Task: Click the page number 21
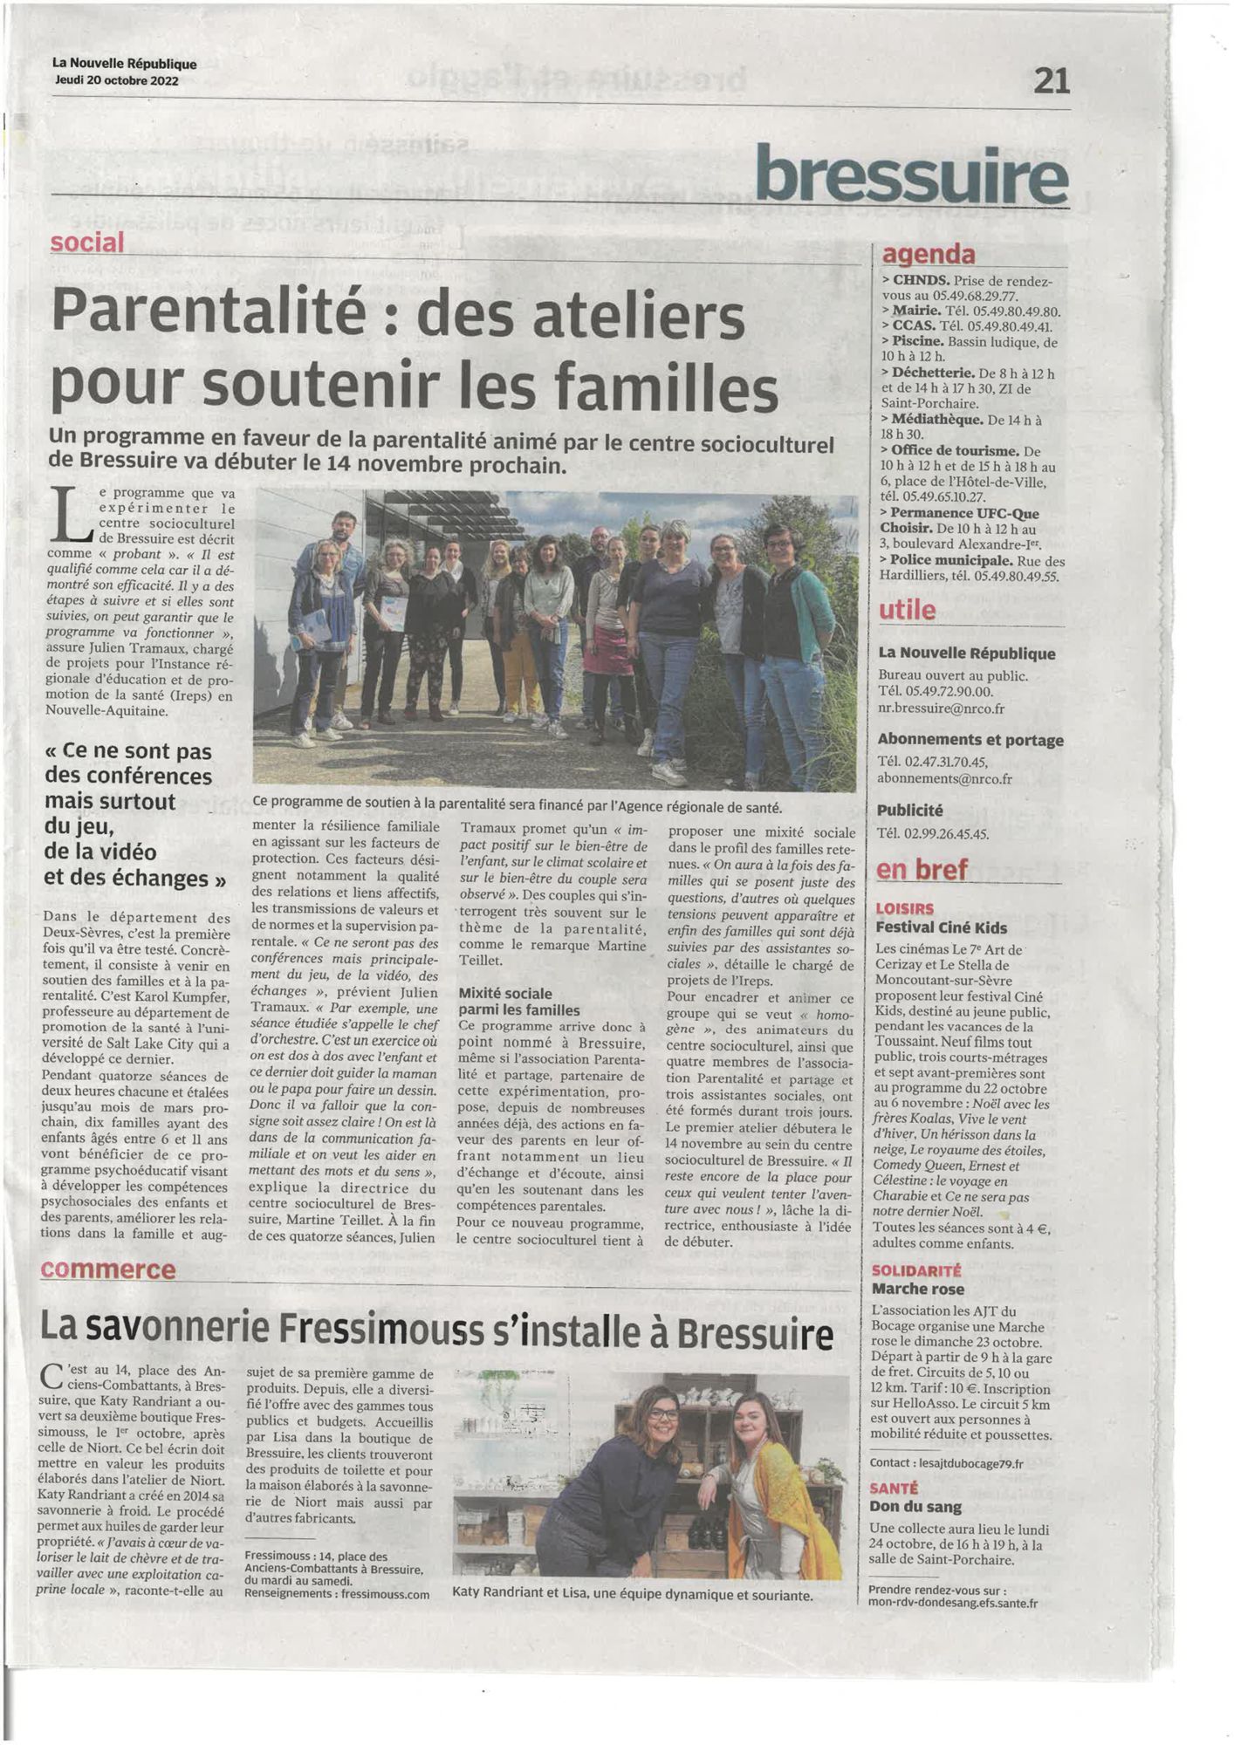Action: click(x=1051, y=81)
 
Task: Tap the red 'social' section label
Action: click(x=87, y=243)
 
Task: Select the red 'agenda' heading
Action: click(x=929, y=254)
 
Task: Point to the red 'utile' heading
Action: click(x=908, y=610)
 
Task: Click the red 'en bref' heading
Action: click(x=922, y=869)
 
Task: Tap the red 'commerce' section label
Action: click(x=108, y=1269)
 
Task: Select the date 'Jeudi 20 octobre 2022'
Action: click(x=115, y=81)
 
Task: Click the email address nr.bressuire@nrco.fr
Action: click(x=941, y=708)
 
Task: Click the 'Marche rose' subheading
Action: click(x=917, y=1289)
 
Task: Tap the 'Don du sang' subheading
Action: click(x=915, y=1507)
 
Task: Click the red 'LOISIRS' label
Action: click(x=904, y=909)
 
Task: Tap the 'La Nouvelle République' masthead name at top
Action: click(x=124, y=64)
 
